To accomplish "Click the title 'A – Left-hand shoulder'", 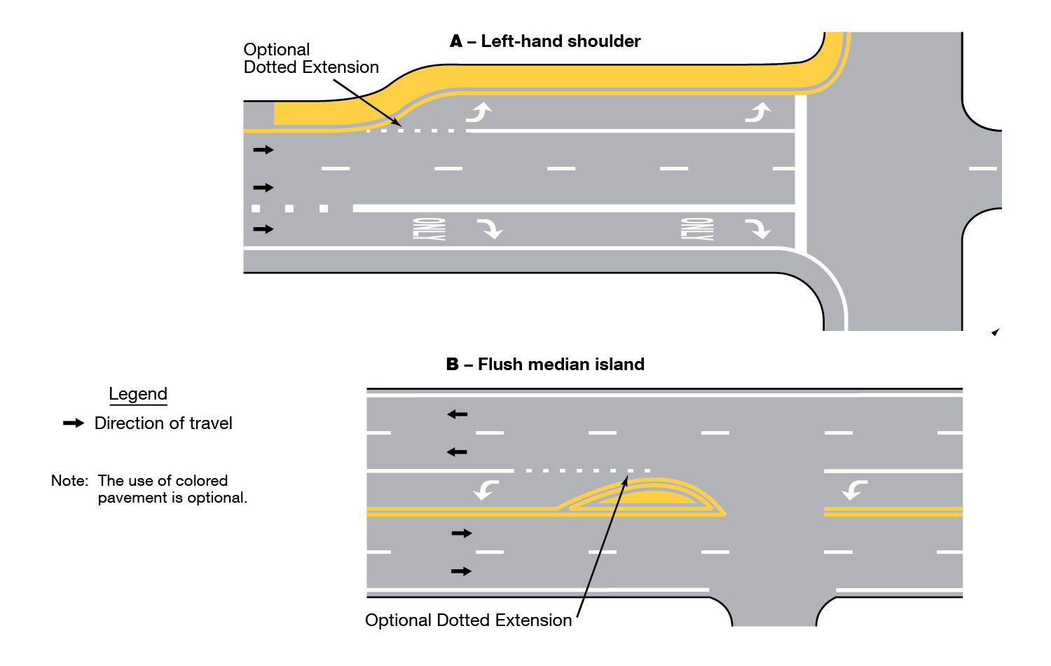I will click(545, 41).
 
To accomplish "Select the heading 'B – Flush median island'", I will click(545, 365).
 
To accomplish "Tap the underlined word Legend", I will click(138, 394).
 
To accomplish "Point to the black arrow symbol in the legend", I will click(74, 423).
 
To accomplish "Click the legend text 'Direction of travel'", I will click(163, 423).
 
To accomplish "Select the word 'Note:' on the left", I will click(69, 481).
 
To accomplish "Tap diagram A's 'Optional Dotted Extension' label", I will click(311, 59).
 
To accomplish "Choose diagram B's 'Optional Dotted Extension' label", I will click(468, 620).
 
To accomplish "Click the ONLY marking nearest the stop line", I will click(697, 229).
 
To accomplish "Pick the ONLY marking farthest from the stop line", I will click(429, 229).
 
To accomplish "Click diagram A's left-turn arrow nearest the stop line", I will click(758, 112).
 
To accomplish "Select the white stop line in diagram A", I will click(801, 172).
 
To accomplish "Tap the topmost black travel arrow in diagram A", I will click(263, 150).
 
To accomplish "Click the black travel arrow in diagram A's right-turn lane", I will click(263, 229).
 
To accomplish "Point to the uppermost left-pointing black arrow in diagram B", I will click(457, 414).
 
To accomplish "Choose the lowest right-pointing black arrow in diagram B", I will click(461, 571).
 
